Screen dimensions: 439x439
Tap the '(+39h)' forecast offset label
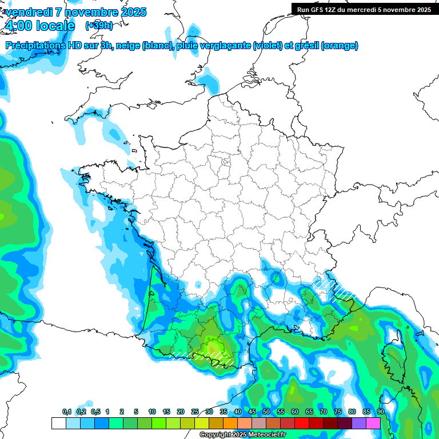tap(99, 26)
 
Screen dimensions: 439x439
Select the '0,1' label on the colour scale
tap(66, 412)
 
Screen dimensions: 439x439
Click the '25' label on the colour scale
tap(195, 412)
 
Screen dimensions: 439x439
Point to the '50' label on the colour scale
tap(266, 412)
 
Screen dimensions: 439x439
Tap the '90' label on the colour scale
tap(380, 412)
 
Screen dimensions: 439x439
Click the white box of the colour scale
tap(58, 423)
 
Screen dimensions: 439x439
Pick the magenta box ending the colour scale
tap(373, 423)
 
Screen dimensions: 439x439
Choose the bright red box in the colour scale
tap(302, 423)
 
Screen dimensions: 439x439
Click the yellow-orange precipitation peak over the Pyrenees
tap(214, 348)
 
